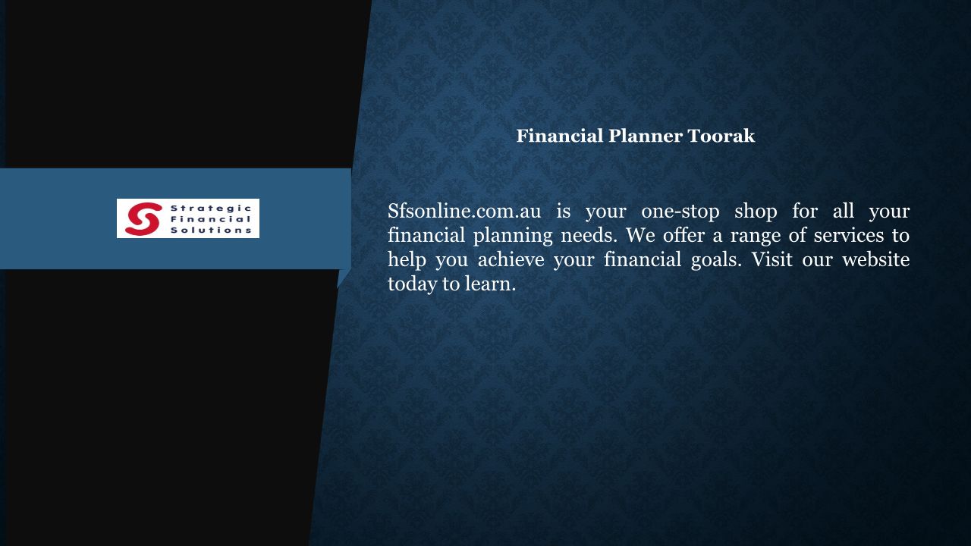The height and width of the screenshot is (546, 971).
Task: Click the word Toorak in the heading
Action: [x=721, y=136]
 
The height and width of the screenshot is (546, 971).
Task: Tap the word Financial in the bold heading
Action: [x=560, y=136]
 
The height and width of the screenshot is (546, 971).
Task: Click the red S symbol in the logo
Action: [x=143, y=219]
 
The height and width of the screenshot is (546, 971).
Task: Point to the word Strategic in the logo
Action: [x=211, y=209]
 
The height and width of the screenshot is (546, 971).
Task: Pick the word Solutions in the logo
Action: [x=211, y=230]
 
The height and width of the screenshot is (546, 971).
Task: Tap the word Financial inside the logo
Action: [x=211, y=219]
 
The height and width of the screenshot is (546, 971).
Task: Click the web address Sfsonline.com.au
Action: [x=464, y=211]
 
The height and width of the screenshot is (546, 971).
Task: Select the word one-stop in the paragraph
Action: [x=680, y=212]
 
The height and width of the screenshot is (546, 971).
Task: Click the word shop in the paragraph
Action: [x=756, y=212]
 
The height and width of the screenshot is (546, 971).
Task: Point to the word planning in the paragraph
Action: [x=513, y=236]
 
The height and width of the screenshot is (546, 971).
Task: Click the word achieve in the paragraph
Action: [x=511, y=260]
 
